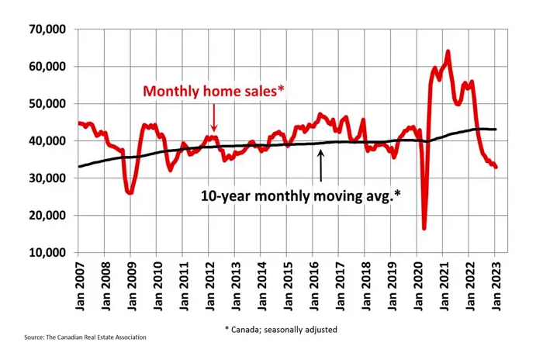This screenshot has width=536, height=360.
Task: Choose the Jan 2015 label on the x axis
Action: pyautogui.click(x=287, y=286)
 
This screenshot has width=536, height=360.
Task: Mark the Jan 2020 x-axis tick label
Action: pyautogui.click(x=418, y=286)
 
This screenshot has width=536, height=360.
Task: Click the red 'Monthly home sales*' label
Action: pyautogui.click(x=213, y=92)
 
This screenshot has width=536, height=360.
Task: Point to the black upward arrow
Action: pyautogui.click(x=321, y=163)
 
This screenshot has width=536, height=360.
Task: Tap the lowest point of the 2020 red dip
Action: pyautogui.click(x=424, y=228)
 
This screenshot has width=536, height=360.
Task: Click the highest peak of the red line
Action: pyautogui.click(x=448, y=52)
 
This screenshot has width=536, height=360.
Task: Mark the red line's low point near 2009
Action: pyautogui.click(x=130, y=192)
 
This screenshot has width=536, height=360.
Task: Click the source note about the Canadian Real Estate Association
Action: pyautogui.click(x=85, y=337)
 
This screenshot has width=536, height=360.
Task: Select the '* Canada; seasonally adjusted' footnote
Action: pyautogui.click(x=282, y=328)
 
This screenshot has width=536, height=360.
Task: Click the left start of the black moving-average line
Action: pyautogui.click(x=78, y=166)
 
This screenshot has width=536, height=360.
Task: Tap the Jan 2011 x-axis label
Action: pyautogui.click(x=182, y=286)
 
